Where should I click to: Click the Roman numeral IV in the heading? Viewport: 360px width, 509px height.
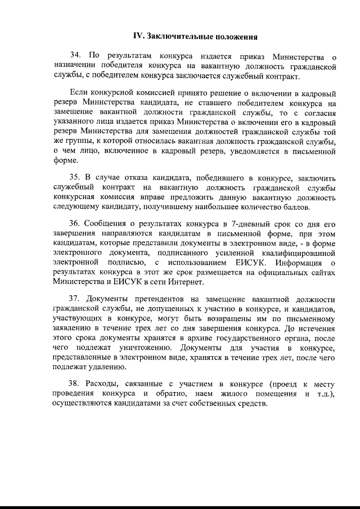[137, 37]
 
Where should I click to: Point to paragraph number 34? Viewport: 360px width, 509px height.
[76, 56]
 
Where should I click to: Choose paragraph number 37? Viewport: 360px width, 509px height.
[76, 299]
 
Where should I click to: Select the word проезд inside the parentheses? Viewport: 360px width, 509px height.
[285, 384]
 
